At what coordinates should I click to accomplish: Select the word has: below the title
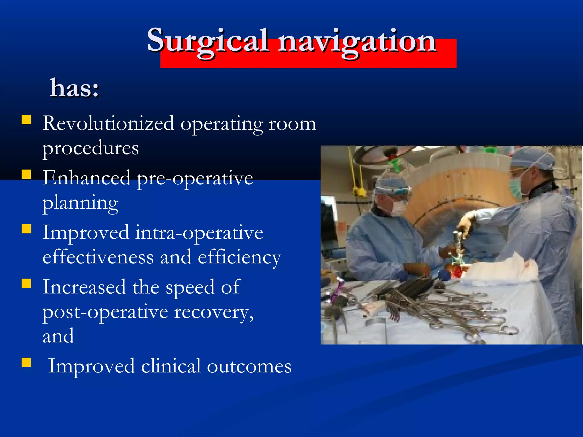(75, 88)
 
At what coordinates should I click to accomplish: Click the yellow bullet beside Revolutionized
(26, 119)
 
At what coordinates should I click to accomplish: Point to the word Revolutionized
(108, 123)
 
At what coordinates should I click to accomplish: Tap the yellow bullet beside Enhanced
(26, 174)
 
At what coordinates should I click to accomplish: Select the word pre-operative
(195, 179)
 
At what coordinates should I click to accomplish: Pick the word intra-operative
(199, 233)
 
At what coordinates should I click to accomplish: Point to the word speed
(190, 287)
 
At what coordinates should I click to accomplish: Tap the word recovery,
(214, 312)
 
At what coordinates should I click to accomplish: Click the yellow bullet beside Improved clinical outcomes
(26, 362)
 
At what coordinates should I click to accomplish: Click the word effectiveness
(98, 257)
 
